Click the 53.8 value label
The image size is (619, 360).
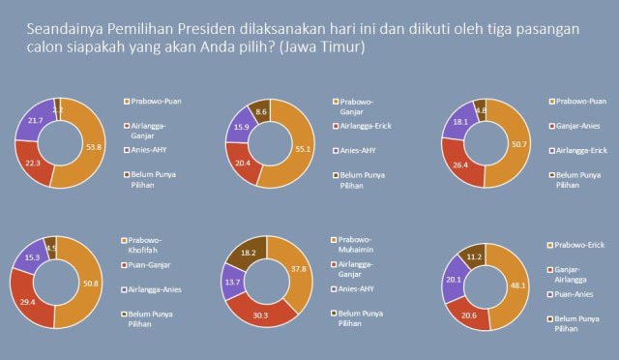[95, 148]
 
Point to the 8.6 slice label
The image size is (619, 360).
[259, 113]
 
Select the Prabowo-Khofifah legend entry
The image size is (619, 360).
[144, 246]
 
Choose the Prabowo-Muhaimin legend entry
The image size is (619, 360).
[356, 246]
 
